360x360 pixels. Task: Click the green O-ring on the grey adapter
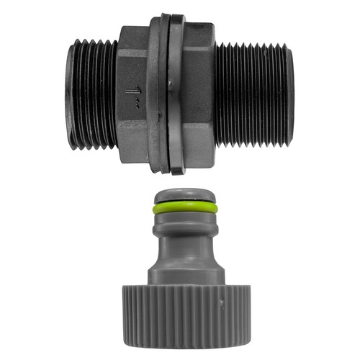(x=185, y=207)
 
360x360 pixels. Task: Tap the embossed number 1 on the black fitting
(x=132, y=91)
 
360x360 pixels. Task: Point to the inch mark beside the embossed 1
(x=137, y=105)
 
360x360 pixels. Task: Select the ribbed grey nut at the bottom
(x=186, y=318)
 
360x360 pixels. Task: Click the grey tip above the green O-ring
(x=185, y=195)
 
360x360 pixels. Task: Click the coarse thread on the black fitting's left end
(x=92, y=94)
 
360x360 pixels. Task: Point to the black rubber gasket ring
(x=178, y=94)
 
